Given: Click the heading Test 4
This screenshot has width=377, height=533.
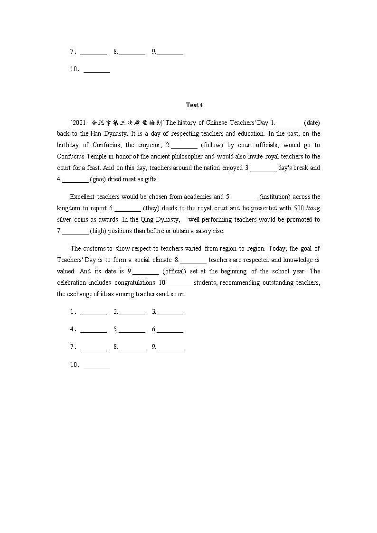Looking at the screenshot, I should (195, 105).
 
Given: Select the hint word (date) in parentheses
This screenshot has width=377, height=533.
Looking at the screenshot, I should (312, 122).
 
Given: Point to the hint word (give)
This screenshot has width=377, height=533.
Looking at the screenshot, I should (97, 179).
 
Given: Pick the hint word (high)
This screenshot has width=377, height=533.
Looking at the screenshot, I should (98, 231).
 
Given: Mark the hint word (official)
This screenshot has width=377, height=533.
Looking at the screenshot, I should (174, 271).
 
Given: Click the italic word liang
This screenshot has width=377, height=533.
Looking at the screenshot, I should (313, 208).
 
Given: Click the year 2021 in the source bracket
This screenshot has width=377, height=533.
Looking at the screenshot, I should (79, 122).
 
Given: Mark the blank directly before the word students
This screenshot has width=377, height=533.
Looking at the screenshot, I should (181, 283).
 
